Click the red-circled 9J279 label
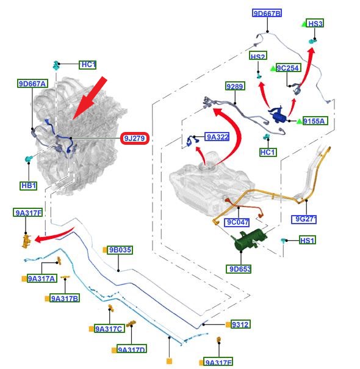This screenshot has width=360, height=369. coord(135,138)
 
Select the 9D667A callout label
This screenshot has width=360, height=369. coord(32,84)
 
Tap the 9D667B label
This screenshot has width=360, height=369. coord(267,13)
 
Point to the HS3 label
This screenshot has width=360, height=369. coord(315,23)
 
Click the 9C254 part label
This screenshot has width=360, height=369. coord(289,68)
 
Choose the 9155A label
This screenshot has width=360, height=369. coord(315,121)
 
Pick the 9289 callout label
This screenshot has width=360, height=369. coord(235,86)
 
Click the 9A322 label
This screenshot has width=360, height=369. coord(217,136)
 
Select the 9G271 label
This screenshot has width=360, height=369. coord(304,219)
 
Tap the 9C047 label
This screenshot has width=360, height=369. coord(237,222)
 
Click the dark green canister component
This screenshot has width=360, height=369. coord(248,239)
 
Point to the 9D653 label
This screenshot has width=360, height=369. coord(239,269)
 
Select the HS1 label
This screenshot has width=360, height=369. coord(308,240)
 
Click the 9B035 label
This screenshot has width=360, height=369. coord(120,250)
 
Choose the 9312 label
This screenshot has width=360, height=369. coord(240,324)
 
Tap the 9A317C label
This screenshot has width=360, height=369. coord(109,329)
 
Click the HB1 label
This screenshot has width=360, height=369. coord(29,186)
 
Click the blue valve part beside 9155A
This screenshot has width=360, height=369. coord(278,115)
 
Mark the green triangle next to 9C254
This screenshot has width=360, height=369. coord(273,68)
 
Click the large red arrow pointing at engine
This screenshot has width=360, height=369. coord(90,98)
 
